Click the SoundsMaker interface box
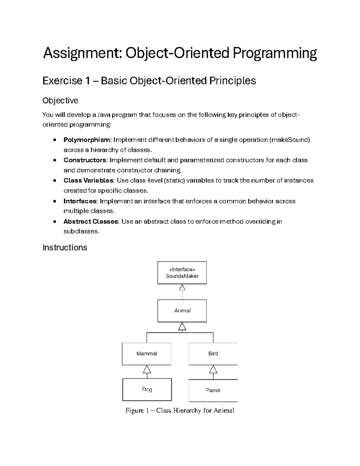(x=182, y=273)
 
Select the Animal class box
(x=182, y=311)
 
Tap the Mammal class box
(x=147, y=354)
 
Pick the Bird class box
(x=213, y=354)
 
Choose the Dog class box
(x=147, y=389)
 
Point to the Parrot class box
(x=213, y=390)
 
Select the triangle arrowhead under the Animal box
(x=182, y=326)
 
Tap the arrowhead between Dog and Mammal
(x=147, y=369)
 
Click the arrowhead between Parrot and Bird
(x=213, y=369)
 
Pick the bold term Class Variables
(x=88, y=181)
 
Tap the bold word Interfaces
(x=80, y=201)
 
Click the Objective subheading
(x=60, y=101)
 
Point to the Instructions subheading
(x=65, y=248)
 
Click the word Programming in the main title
(x=275, y=53)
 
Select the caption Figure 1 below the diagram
(x=180, y=410)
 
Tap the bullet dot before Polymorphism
(x=54, y=140)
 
